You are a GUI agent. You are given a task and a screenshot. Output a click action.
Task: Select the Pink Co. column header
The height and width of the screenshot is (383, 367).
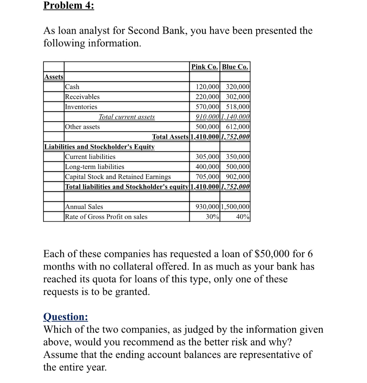tap(205, 67)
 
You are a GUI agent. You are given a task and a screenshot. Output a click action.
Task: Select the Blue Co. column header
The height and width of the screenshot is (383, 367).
tap(235, 67)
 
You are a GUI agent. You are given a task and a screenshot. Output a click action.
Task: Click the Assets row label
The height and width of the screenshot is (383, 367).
tap(53, 77)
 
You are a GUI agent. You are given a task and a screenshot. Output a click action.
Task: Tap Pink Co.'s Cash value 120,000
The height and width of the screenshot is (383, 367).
tap(207, 87)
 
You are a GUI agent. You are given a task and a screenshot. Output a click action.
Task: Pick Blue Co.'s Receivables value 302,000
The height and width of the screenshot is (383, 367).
tap(238, 97)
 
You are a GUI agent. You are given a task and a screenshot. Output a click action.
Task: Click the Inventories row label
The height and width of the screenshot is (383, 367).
tap(81, 107)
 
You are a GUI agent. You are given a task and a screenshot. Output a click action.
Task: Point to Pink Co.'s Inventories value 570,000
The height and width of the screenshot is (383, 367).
tap(207, 107)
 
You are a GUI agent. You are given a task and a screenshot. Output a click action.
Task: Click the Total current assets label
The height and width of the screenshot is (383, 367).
tap(126, 117)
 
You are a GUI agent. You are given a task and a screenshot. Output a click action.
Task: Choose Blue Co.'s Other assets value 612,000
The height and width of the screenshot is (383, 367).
tap(238, 127)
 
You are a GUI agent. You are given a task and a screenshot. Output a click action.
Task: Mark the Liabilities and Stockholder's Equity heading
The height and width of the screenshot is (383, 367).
tap(99, 147)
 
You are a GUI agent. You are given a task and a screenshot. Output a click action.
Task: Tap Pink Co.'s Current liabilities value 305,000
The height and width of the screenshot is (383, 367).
tap(207, 157)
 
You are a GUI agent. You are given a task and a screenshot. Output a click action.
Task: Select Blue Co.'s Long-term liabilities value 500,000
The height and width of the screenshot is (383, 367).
tap(238, 167)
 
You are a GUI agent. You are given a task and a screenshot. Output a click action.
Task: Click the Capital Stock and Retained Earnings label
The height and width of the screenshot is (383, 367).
tap(118, 177)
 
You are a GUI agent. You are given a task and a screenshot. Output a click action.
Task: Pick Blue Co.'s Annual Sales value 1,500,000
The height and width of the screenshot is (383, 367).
tap(235, 207)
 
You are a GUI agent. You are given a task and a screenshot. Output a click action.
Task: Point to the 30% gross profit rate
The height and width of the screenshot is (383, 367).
tap(212, 217)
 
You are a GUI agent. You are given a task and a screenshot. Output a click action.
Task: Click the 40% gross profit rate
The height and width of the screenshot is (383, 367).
tap(242, 217)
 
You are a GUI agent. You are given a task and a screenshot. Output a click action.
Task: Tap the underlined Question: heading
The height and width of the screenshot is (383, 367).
tap(66, 317)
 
